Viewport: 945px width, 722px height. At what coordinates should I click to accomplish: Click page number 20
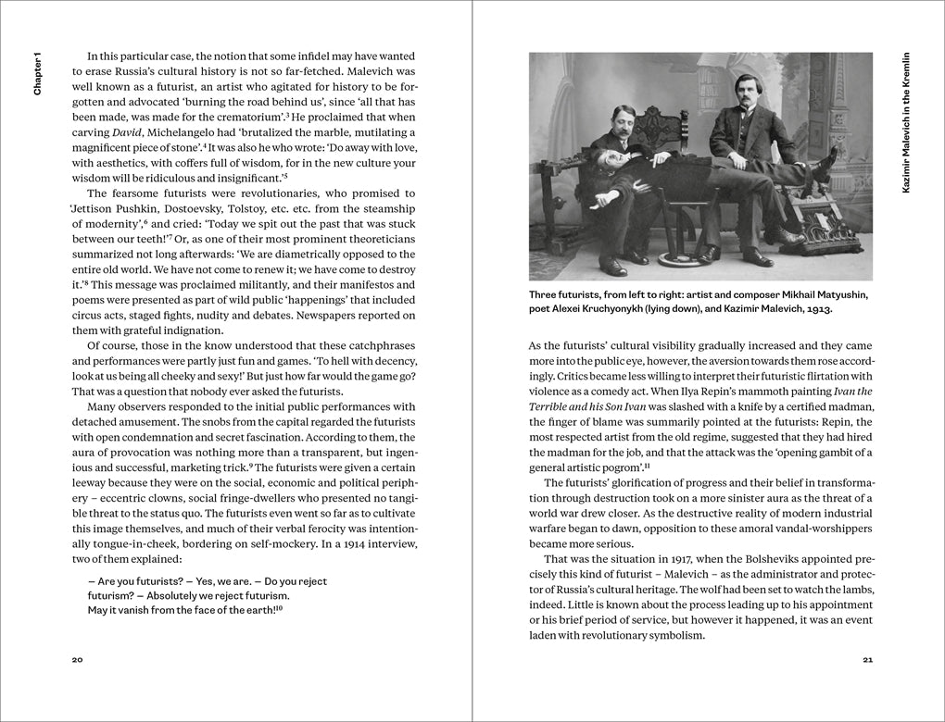click(x=78, y=660)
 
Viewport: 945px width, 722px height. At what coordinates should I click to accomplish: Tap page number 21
click(x=867, y=660)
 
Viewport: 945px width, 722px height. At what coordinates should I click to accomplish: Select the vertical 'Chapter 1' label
click(x=38, y=72)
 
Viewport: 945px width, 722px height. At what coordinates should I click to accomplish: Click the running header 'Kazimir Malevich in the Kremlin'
click(x=906, y=121)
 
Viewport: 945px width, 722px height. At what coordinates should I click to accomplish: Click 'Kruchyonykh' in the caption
click(x=615, y=308)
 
